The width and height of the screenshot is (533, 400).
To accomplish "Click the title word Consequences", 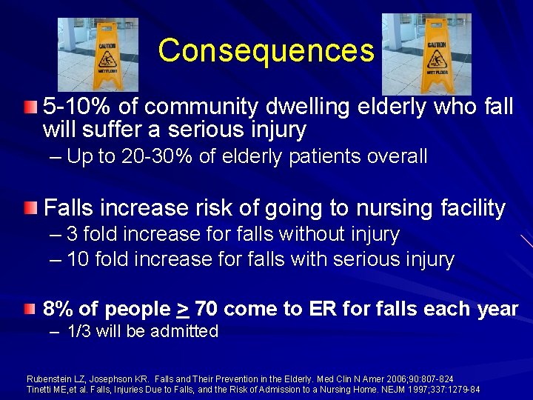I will (266, 50).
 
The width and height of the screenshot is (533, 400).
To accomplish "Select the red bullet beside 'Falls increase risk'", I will (29, 207).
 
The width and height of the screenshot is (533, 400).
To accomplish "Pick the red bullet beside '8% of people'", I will (29, 307).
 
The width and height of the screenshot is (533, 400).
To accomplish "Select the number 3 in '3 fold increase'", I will (72, 235).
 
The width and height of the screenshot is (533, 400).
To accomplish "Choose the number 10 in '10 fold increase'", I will (77, 259).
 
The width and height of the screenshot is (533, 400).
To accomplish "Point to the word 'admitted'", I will (184, 331).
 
